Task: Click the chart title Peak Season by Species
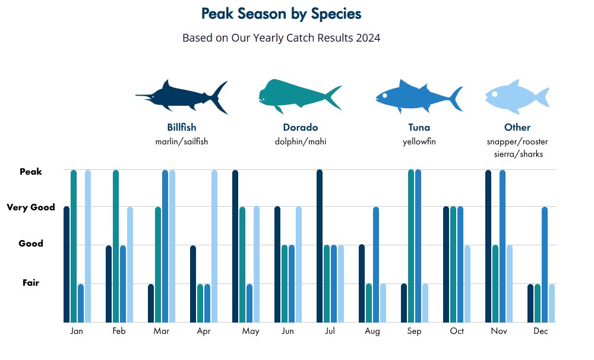pos(281,14)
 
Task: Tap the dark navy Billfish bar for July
pos(320,246)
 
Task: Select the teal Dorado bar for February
pos(116,246)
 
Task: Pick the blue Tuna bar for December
pos(545,264)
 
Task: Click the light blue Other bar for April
pos(214,246)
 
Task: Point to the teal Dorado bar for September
pos(411,246)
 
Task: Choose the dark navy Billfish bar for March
pos(151,303)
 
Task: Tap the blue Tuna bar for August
pos(376,264)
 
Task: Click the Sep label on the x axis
pos(414,331)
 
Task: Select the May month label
pos(251,331)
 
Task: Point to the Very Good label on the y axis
pos(31,208)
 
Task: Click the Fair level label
pos(31,283)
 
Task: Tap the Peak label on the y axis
pos(31,172)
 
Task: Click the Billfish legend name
pos(182,127)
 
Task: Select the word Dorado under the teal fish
pos(301,127)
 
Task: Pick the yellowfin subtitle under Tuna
pos(419,141)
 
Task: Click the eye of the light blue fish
pos(494,94)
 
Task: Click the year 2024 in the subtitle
pos(368,38)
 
